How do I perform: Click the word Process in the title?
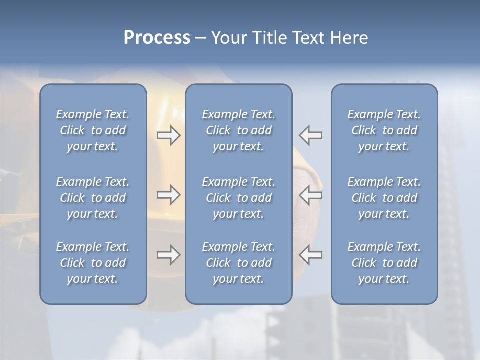point(157,38)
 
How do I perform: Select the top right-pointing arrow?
point(168,135)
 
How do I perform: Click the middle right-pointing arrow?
point(168,194)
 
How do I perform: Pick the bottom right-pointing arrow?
point(168,255)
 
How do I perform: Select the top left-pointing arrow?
point(311,135)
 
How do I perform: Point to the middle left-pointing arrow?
point(311,194)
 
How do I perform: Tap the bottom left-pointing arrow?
point(311,255)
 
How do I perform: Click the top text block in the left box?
point(93,130)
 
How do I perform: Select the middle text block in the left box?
point(93,198)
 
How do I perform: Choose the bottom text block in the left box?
point(93,263)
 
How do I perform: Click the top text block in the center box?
point(238,130)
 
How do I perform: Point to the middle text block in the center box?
point(238,198)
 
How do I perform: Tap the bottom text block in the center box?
point(238,263)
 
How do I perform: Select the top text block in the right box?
point(384,130)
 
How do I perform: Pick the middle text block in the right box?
point(384,198)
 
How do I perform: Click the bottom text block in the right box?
point(384,263)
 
